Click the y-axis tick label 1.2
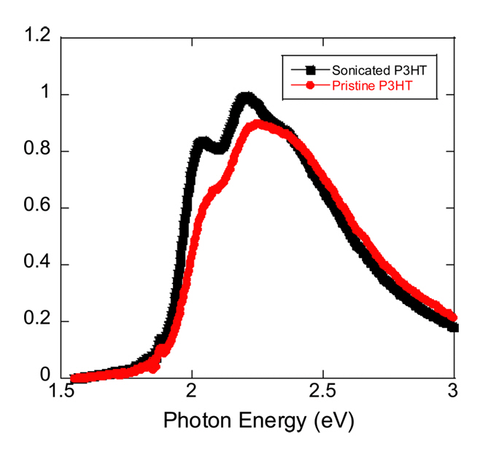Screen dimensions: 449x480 39,38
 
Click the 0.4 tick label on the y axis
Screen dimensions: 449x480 39,265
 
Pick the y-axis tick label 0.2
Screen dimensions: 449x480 39,321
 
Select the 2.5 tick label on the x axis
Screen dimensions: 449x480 323,393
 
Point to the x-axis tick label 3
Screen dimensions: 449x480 454,393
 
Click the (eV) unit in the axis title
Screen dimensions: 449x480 330,422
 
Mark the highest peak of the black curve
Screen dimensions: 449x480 246,98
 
